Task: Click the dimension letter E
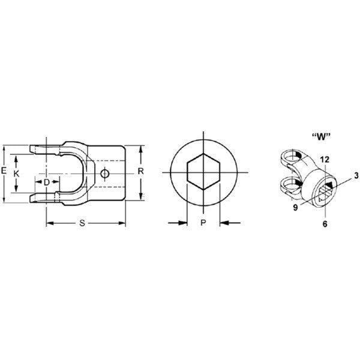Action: (4, 171)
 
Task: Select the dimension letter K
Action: (16, 174)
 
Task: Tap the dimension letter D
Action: (47, 182)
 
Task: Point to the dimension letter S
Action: (82, 223)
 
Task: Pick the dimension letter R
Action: (140, 171)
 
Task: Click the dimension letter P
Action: (203, 223)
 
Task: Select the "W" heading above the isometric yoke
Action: (321, 137)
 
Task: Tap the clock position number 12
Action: (325, 160)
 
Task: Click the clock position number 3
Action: (356, 176)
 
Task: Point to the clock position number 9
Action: (295, 208)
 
